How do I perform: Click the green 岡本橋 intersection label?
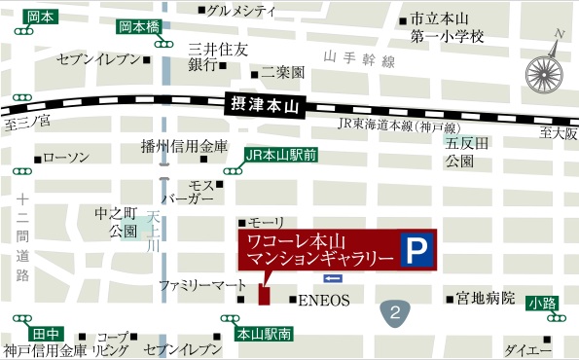[x=139, y=27]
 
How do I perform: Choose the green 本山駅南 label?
[x=265, y=334]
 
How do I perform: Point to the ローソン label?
[x=66, y=158]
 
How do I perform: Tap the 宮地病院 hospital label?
[x=486, y=299]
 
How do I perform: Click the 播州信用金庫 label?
[x=184, y=146]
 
